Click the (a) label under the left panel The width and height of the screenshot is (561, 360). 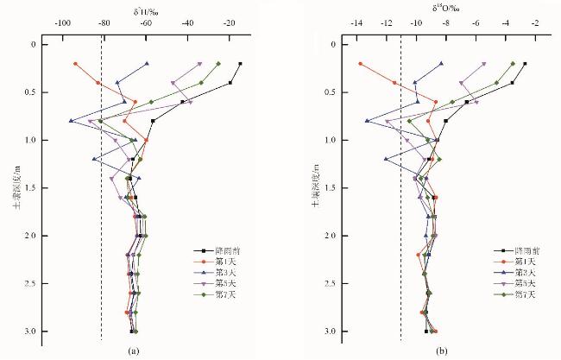coord(133,351)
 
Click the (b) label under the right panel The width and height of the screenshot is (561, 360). coord(443,351)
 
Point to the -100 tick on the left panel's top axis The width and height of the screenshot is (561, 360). coord(63,23)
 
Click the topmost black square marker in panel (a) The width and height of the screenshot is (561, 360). coord(240,63)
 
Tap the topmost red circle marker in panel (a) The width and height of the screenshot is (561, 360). coord(76,63)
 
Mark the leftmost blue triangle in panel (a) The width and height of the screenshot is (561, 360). coord(72,121)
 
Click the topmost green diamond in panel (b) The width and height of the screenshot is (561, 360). coord(513,63)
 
